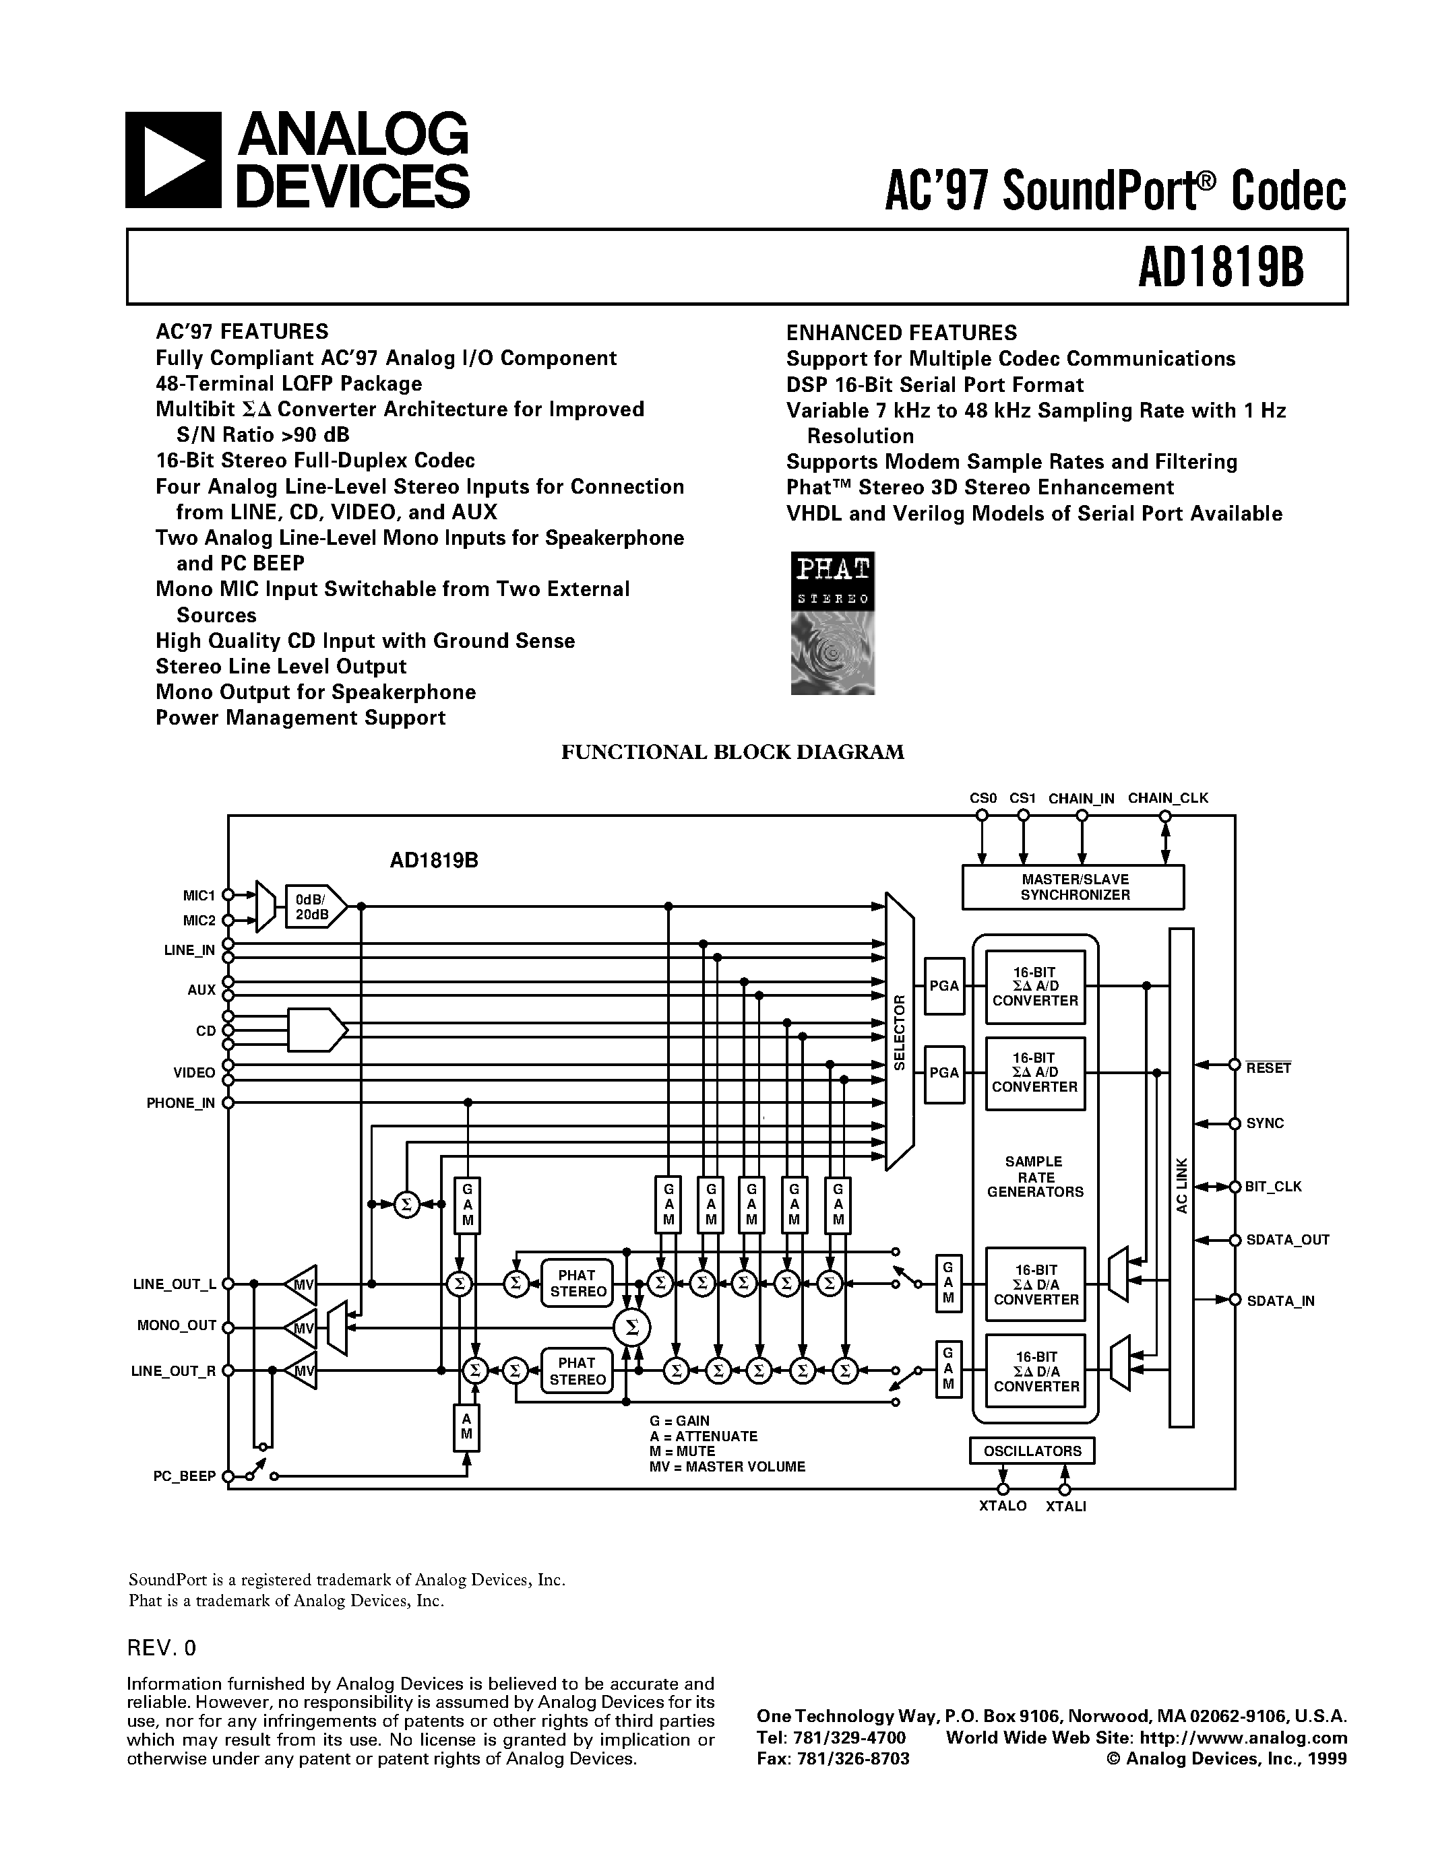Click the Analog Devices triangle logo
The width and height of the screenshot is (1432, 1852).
coord(173,160)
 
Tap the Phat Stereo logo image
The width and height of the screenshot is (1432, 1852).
coord(832,623)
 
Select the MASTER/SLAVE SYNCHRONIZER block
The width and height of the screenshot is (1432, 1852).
coord(1073,887)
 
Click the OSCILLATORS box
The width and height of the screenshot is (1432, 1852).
coord(1032,1451)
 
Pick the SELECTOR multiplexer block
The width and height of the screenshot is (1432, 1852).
coord(899,1031)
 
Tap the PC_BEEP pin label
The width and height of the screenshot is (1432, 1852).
coord(185,1476)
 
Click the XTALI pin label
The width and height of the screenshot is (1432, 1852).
coord(1065,1506)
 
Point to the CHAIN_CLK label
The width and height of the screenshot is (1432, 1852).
coord(1167,798)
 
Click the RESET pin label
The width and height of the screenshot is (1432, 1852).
coord(1268,1069)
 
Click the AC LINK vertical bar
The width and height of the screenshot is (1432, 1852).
coord(1181,1179)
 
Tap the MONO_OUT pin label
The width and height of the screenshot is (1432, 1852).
coord(177,1325)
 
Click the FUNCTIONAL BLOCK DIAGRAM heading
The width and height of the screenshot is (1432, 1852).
coord(732,752)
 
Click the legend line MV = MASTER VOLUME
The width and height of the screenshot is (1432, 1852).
coord(727,1466)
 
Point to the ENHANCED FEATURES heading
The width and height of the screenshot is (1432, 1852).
coord(901,333)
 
